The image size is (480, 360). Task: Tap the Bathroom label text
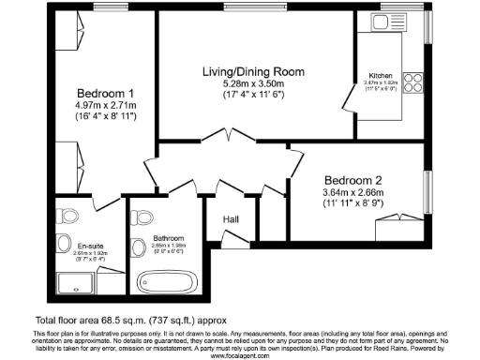coord(169,238)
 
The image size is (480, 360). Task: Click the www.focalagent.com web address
coord(240,355)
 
